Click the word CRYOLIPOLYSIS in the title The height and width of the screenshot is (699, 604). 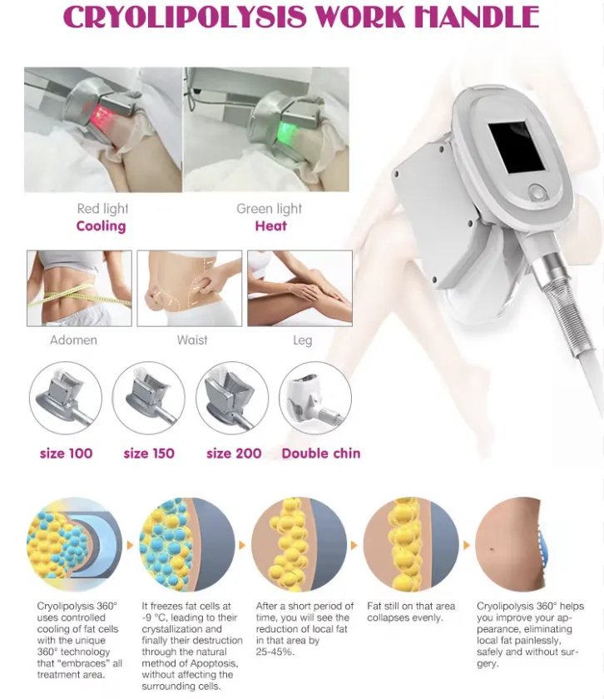pos(185,17)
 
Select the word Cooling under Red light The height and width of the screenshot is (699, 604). pos(101,226)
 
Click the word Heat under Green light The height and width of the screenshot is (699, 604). pos(271,226)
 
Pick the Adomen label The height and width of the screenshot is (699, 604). pos(73,340)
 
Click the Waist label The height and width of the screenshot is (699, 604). pos(192,340)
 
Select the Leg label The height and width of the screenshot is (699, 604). pos(302,340)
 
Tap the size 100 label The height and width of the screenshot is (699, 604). pos(66,454)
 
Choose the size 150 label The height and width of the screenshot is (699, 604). pos(149,454)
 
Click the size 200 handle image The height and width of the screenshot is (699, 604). pos(232,398)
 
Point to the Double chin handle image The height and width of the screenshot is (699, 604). pos(315,398)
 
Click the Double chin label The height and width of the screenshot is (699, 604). pos(321,454)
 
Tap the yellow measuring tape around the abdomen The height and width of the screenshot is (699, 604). pos(80,295)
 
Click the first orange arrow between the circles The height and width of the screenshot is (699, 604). pos(131,545)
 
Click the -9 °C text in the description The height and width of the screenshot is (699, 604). pos(154,617)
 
